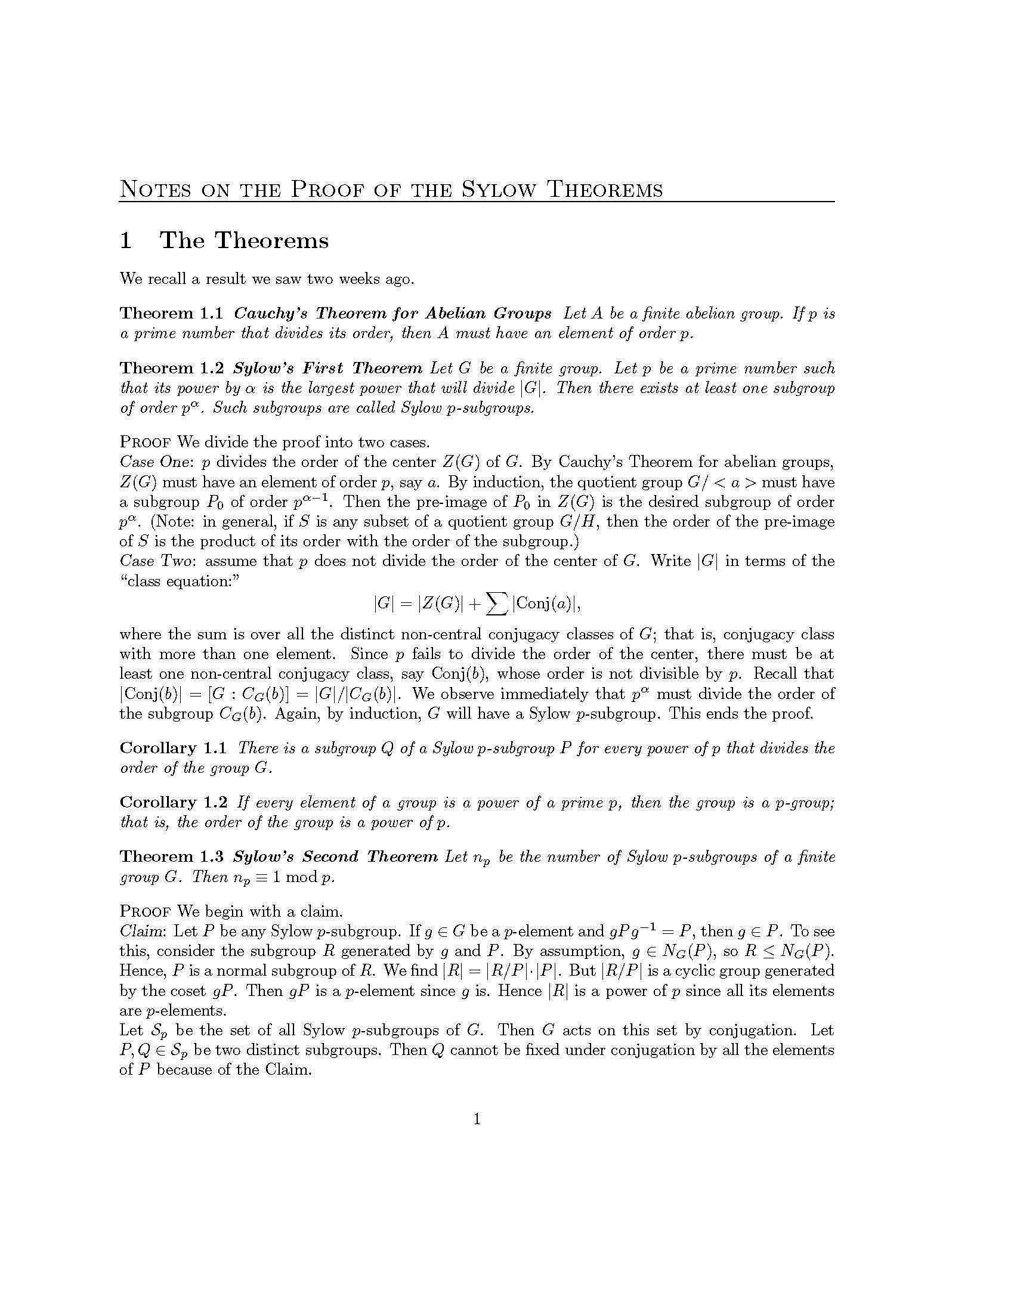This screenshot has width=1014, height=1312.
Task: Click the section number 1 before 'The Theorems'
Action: tap(125, 241)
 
